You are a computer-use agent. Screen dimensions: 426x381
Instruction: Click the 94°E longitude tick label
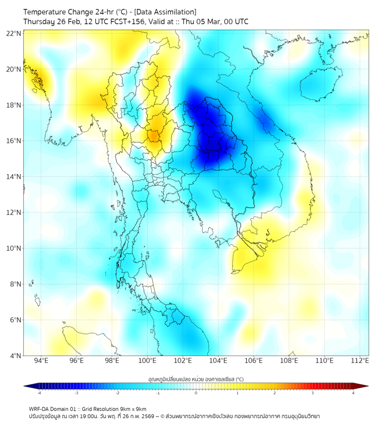41,361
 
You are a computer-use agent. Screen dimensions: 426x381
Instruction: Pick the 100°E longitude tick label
147,361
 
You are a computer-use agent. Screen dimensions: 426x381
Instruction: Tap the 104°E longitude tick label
218,361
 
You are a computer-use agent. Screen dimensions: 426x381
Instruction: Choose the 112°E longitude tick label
360,361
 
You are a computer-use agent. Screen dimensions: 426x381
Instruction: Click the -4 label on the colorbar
39,393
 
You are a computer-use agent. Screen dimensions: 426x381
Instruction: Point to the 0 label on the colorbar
196,393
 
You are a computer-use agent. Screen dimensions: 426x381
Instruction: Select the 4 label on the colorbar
353,393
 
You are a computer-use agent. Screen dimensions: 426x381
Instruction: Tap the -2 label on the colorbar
117,393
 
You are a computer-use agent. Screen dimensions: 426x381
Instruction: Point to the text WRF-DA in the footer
40,409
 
